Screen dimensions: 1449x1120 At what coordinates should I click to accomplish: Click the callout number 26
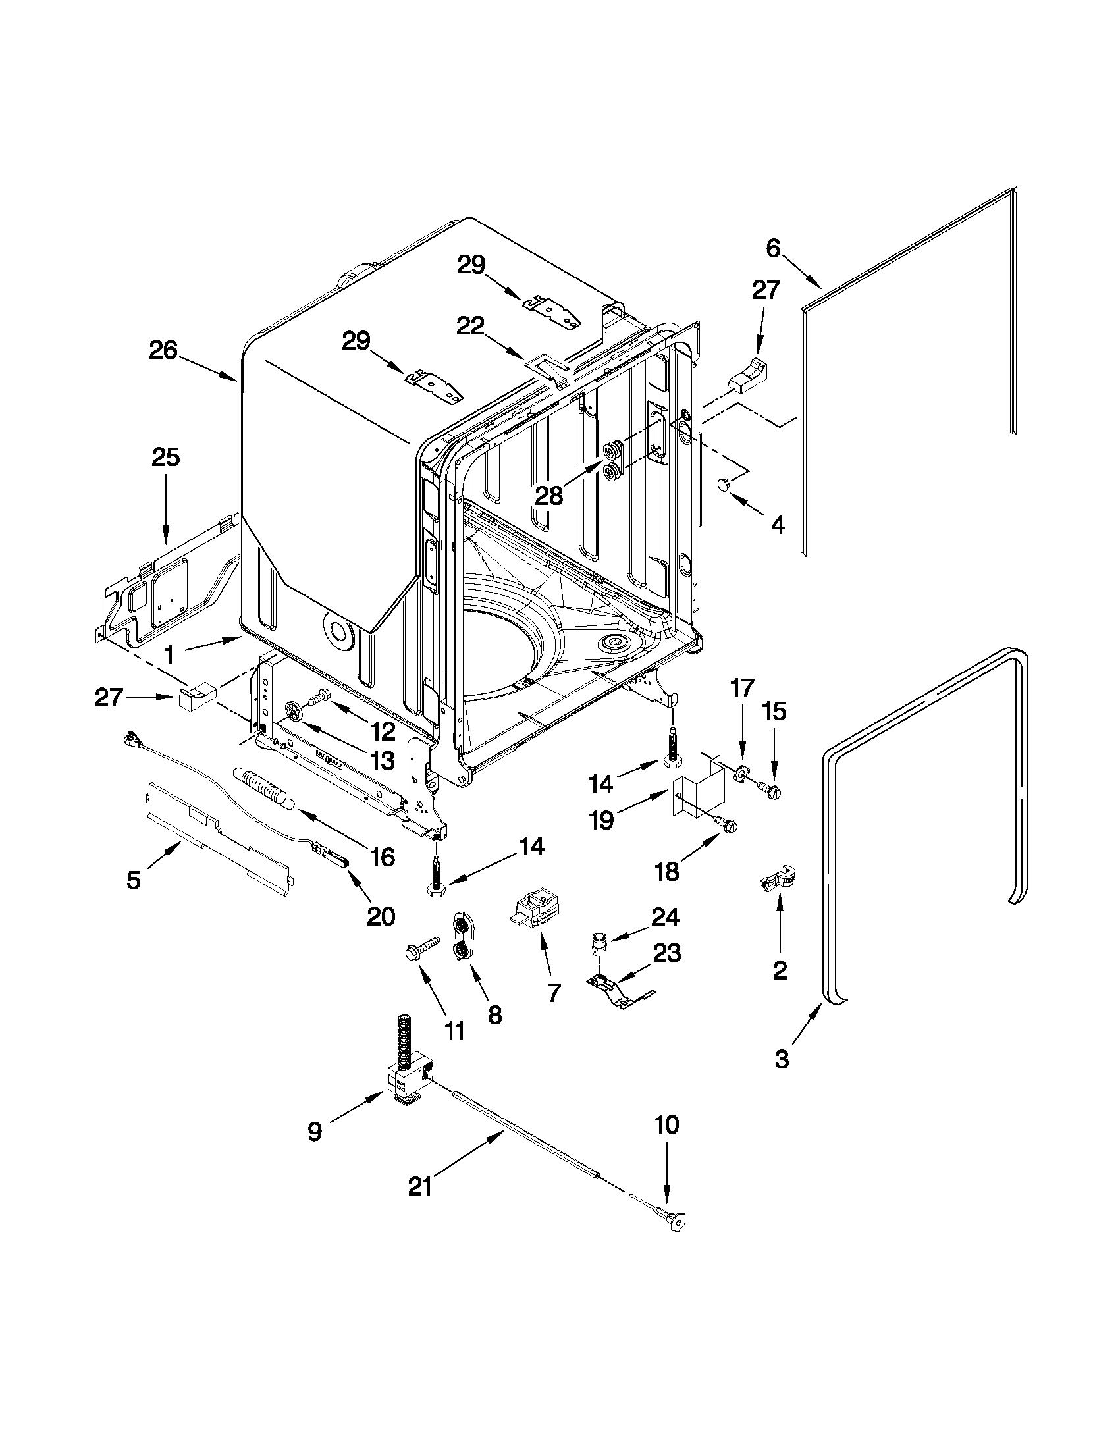click(163, 350)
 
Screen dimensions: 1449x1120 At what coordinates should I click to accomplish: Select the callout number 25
click(166, 457)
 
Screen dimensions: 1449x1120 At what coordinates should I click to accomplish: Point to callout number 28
click(548, 495)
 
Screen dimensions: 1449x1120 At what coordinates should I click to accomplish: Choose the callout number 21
click(420, 1186)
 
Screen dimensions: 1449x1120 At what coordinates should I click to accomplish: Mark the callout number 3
click(782, 1059)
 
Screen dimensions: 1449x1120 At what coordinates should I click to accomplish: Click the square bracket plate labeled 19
click(691, 795)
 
